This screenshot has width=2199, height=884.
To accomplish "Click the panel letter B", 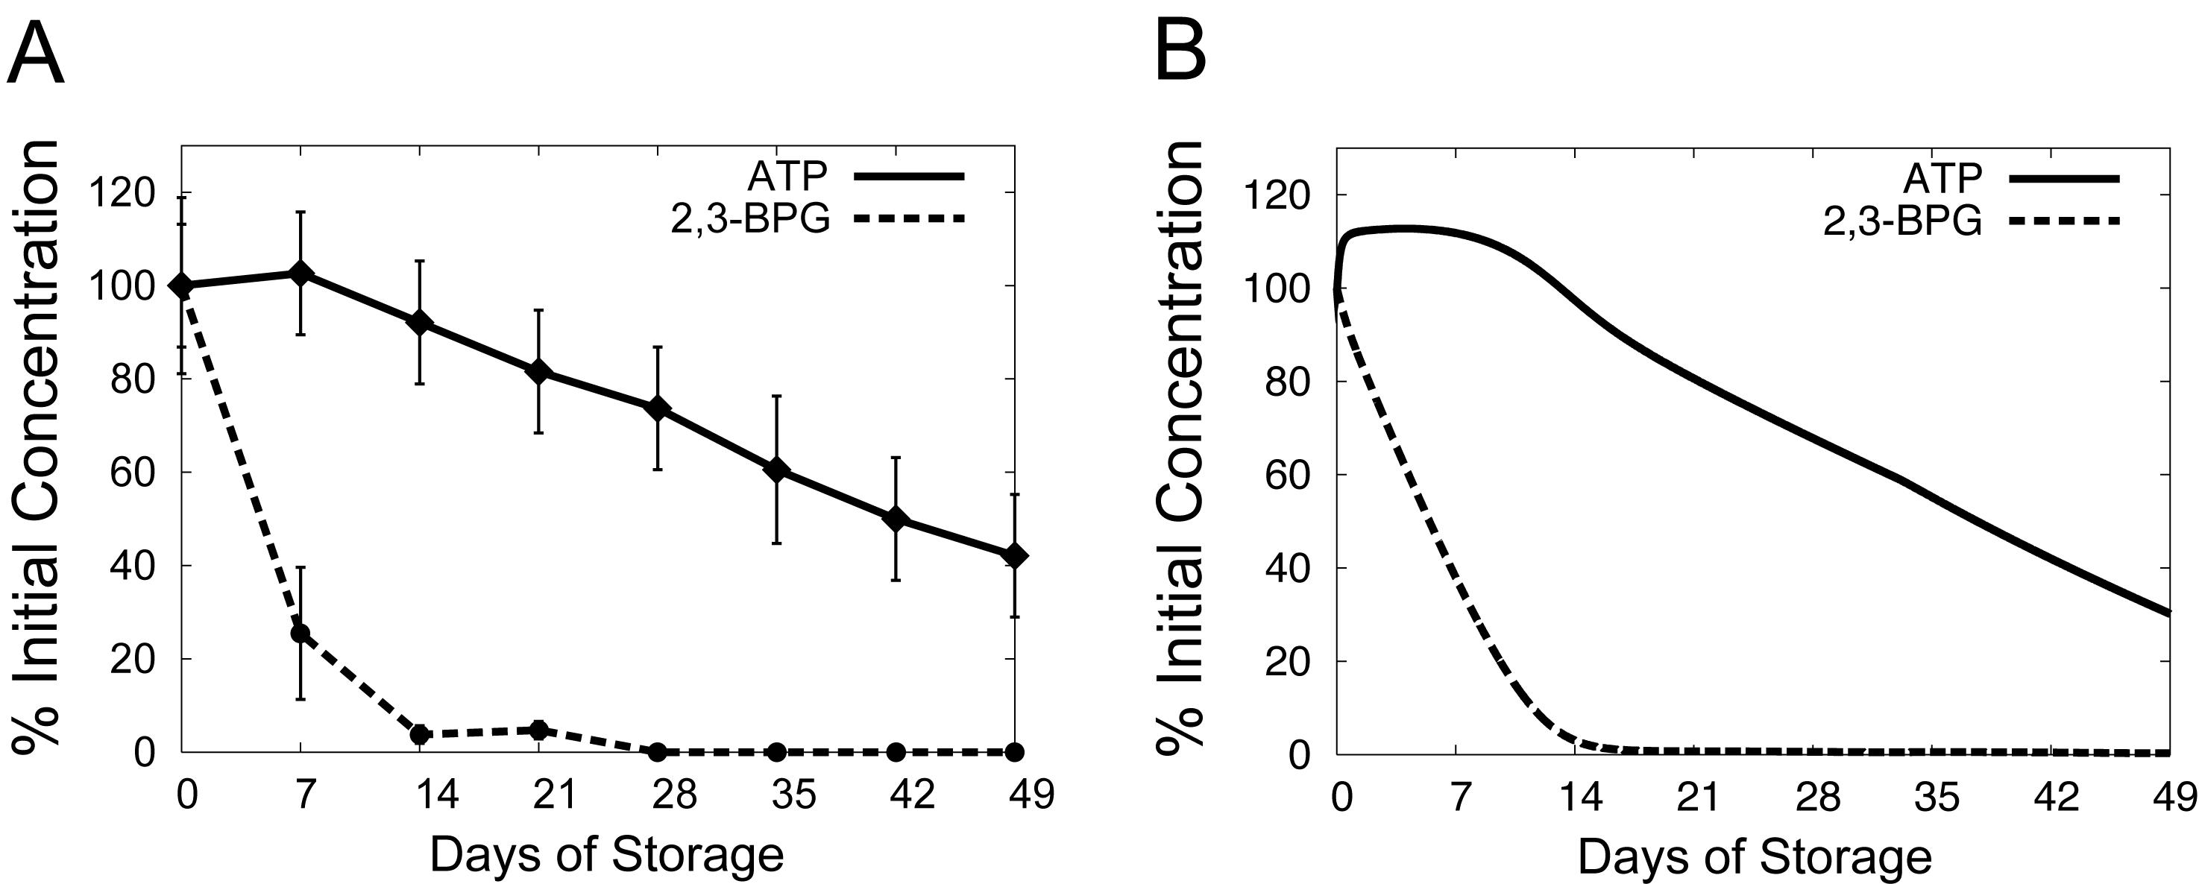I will coord(1180,53).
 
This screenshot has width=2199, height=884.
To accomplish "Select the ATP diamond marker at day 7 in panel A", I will coord(301,273).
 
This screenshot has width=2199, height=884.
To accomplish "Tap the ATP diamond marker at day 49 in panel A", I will coord(1014,555).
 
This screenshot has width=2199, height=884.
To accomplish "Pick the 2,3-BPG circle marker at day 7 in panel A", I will coord(301,633).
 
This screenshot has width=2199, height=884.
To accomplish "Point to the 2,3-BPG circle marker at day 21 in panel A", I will coord(538,730).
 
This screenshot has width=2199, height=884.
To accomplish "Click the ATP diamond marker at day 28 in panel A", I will coord(657,408).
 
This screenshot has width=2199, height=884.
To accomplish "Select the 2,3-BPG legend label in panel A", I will coord(750,219).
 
